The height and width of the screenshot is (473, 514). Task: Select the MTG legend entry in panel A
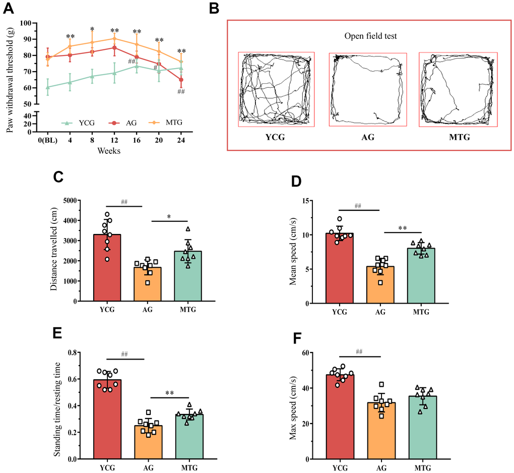coord(169,123)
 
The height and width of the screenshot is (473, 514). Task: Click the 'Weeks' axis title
coord(109,152)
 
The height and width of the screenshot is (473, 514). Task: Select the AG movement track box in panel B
coord(367,89)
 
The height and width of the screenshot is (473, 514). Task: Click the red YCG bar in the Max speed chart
coord(339,417)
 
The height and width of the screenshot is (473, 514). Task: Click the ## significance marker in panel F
coord(360,352)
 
